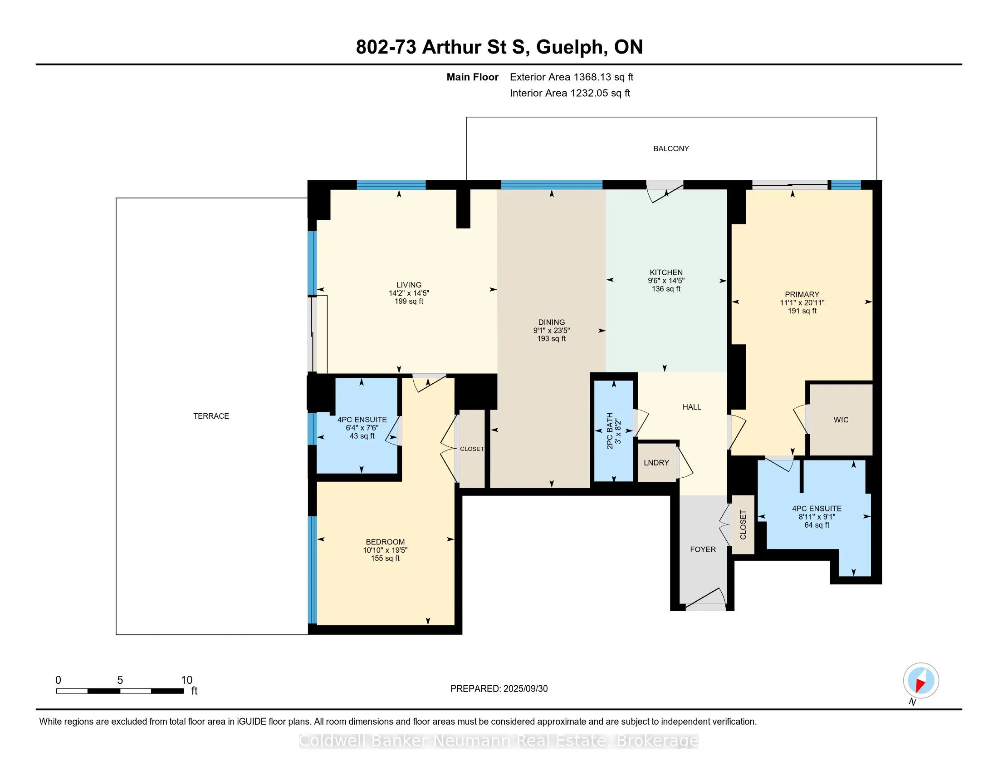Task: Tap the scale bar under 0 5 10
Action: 120,691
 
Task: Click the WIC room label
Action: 841,420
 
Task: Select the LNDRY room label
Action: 656,463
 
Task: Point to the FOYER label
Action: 703,549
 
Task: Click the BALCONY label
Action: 671,148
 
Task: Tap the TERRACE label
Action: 211,416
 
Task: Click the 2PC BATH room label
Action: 610,431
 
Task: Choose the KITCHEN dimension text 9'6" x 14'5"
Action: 666,281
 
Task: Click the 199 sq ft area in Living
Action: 409,302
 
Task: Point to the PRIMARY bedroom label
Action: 802,295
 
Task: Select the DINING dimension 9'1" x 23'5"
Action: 552,331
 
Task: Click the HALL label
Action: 692,407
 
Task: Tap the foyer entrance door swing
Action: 705,599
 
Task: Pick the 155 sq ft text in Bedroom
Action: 385,559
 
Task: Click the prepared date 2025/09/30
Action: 525,689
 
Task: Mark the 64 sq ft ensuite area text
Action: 817,525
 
